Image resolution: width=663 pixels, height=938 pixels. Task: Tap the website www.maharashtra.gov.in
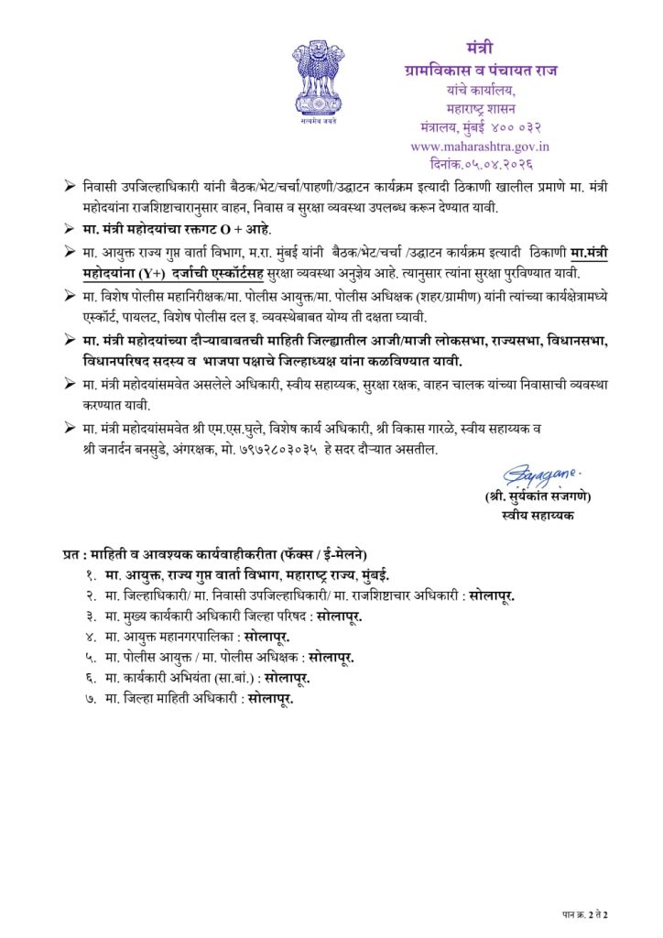tap(480, 146)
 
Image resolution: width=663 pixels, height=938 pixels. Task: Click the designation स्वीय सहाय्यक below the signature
tap(538, 516)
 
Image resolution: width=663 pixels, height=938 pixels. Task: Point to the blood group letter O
tap(223, 226)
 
